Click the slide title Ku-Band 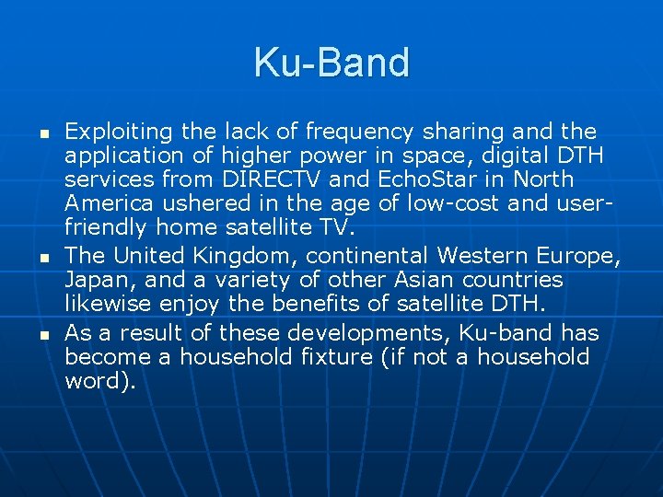[x=331, y=64]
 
